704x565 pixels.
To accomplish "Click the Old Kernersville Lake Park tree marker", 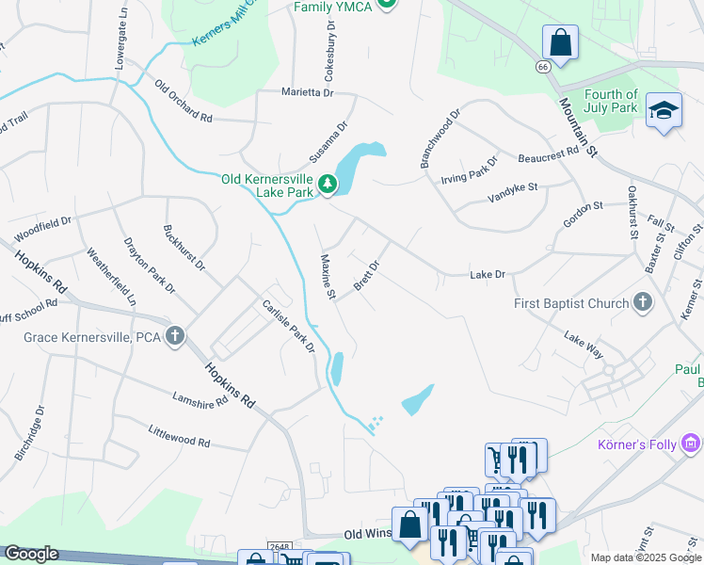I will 328,185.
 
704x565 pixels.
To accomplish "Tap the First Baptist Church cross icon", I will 643,303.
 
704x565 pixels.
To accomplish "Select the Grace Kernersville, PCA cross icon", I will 174,336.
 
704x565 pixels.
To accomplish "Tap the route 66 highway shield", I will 543,67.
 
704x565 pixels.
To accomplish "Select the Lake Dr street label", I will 488,274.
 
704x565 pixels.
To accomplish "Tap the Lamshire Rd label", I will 200,399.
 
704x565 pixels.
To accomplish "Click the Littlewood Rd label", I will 179,435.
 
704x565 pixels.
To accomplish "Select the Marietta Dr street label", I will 308,92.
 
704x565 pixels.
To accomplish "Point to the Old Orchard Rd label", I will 184,101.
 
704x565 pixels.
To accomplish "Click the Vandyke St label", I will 512,193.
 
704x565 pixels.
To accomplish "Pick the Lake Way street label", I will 583,344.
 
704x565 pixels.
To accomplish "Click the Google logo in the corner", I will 31,554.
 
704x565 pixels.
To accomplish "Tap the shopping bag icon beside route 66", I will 560,43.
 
